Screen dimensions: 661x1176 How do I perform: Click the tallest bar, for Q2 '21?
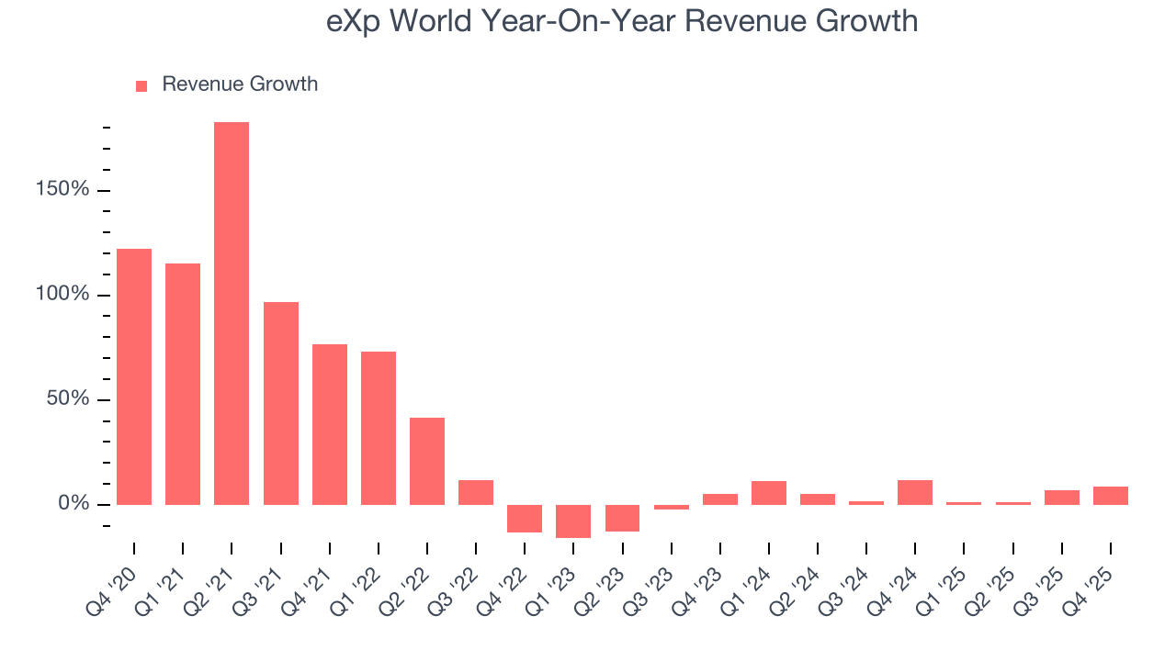(232, 313)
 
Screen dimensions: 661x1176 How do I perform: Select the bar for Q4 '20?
(134, 376)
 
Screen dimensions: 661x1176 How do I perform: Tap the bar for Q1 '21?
(183, 384)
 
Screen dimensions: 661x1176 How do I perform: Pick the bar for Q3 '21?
(280, 403)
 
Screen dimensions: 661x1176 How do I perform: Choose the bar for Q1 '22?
(379, 428)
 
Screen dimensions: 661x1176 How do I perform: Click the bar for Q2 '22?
(427, 461)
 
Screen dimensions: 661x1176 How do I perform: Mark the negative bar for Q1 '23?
(573, 521)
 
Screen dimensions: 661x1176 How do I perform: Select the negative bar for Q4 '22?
(525, 518)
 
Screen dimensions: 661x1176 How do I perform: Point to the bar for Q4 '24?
(915, 492)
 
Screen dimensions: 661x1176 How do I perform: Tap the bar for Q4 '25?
(1111, 495)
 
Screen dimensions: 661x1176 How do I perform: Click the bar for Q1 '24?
(769, 492)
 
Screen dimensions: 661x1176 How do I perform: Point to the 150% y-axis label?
(62, 190)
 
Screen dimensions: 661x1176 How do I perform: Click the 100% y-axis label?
(62, 295)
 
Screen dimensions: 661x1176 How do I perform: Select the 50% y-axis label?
(67, 399)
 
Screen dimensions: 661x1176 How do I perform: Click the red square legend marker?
(141, 85)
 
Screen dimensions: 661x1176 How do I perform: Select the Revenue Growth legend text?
(240, 84)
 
